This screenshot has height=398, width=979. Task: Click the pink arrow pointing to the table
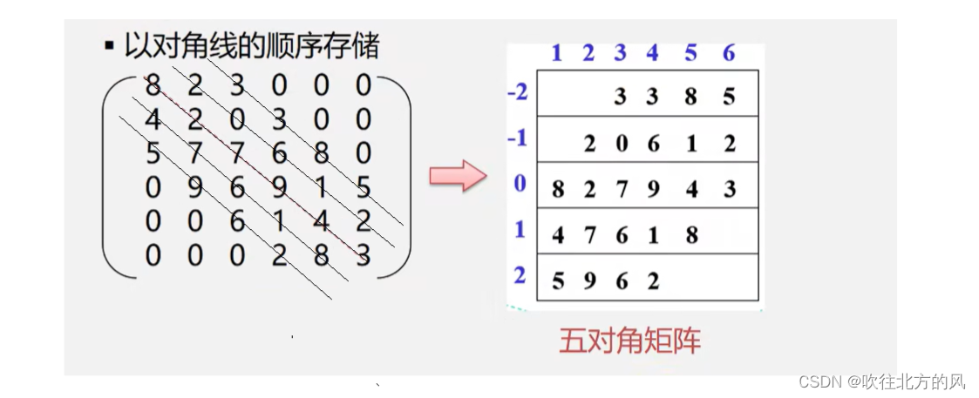pyautogui.click(x=456, y=176)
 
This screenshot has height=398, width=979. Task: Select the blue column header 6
pyautogui.click(x=729, y=53)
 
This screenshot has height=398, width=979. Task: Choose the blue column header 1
pyautogui.click(x=556, y=53)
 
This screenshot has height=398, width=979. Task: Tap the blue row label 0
pyautogui.click(x=520, y=185)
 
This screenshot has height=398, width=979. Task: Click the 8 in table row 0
pyautogui.click(x=558, y=189)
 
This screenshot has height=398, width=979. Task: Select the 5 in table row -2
pyautogui.click(x=729, y=98)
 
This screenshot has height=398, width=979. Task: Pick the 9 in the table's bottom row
pyautogui.click(x=590, y=281)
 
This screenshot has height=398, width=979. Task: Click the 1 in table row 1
pyautogui.click(x=654, y=235)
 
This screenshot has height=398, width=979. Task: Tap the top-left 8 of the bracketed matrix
pyautogui.click(x=153, y=85)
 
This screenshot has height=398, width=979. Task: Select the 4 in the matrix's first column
pyautogui.click(x=153, y=119)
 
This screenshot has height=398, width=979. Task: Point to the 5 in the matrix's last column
pyautogui.click(x=364, y=188)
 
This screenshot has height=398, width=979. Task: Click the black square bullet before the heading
pyautogui.click(x=109, y=46)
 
